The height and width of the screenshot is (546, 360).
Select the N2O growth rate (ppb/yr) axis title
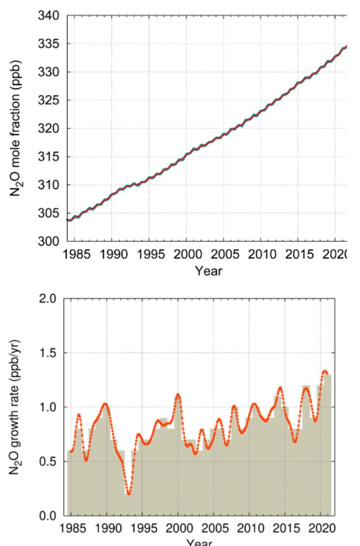(x=18, y=408)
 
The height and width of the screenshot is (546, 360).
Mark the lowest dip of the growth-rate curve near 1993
(x=129, y=494)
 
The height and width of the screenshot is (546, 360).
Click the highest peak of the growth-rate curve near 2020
(x=325, y=371)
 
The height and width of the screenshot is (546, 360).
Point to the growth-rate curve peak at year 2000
(x=178, y=394)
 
